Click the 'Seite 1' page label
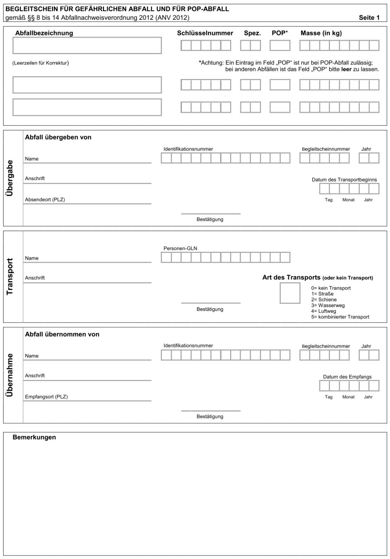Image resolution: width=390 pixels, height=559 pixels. point(369,18)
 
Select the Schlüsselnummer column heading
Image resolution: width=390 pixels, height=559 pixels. point(205,33)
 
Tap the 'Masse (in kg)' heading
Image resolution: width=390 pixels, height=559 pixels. point(321,33)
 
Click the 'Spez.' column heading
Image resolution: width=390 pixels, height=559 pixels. point(252,33)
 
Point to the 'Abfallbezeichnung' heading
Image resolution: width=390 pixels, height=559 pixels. point(44,33)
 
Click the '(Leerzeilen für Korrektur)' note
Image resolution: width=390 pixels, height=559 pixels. point(40,63)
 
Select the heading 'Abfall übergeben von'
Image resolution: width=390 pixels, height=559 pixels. point(58,138)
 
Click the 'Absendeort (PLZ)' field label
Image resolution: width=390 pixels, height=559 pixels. point(45,200)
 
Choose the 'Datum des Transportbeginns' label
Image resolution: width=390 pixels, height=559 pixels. point(344,180)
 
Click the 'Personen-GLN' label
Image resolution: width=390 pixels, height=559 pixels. point(180,249)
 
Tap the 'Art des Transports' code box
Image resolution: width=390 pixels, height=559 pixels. point(290,293)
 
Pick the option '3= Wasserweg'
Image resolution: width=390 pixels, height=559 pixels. point(328,305)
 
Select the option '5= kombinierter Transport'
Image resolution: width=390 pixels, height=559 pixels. point(340,317)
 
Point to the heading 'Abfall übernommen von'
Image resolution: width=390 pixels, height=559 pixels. point(62,335)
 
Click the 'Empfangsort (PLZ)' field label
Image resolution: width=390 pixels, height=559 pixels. point(46,397)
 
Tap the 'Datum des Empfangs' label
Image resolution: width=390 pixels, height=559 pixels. point(347,377)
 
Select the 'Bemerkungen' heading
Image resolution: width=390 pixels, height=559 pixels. point(34,438)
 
